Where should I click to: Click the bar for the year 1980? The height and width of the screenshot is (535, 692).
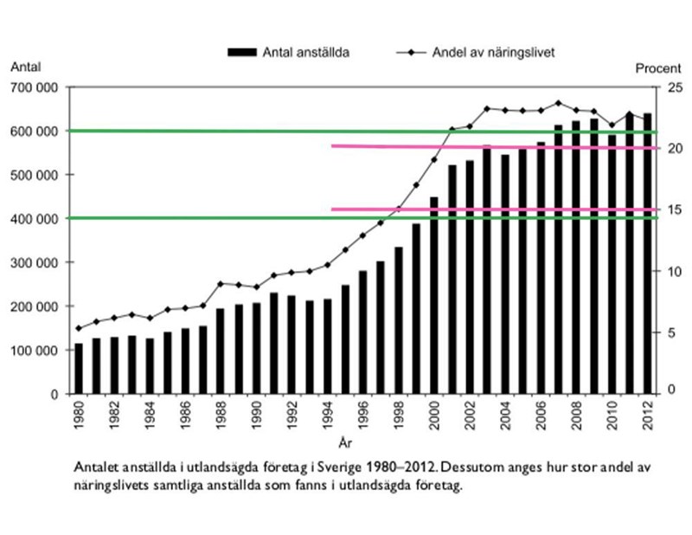click(x=79, y=369)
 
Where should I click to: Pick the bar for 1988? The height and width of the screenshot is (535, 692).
click(x=221, y=351)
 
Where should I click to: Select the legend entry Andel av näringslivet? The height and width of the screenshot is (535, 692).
click(x=486, y=52)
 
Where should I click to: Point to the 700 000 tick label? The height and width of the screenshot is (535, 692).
click(x=36, y=87)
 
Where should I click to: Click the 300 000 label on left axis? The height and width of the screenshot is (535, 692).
click(x=36, y=262)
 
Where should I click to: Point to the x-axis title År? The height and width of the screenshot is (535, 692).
click(x=345, y=444)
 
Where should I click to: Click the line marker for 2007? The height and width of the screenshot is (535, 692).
click(x=559, y=103)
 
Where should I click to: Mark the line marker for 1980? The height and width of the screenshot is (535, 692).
click(x=79, y=328)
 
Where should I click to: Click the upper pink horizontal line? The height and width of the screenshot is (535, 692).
click(x=493, y=146)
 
